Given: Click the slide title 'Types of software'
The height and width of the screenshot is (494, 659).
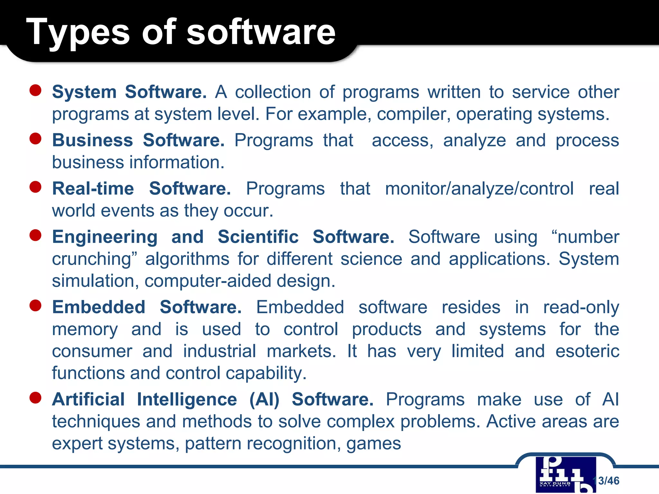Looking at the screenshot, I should pos(181,32).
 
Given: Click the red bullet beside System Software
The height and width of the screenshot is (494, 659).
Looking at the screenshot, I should pos(35,91).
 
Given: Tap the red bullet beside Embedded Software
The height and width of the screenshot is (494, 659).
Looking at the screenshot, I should pos(35,306).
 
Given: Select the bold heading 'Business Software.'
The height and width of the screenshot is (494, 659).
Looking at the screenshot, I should pos(138,141).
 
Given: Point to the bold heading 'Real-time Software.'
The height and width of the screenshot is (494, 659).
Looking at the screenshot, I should pos(142,189).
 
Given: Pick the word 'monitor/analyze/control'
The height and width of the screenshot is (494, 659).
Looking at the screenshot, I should pos(479,189).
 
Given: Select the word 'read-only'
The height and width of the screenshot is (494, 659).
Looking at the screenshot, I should pos(581,307).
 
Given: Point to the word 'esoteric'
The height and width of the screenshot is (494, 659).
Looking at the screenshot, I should pos(587,351).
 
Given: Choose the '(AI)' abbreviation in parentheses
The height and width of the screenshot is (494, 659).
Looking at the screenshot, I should pos(265,400).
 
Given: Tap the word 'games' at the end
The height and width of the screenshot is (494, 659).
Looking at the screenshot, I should pos(374,444).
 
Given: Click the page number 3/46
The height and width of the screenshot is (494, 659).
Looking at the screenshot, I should pos(608,481).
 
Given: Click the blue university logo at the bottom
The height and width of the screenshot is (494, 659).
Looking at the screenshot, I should pos(565,474).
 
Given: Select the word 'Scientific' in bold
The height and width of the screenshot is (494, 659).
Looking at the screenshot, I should pos(258,237).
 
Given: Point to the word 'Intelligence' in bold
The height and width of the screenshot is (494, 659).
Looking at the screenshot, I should pos(187,400).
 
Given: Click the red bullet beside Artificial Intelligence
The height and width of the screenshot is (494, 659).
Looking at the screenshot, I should pos(35,398).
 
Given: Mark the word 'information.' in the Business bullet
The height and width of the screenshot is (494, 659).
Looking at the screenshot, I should pos(177,162).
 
